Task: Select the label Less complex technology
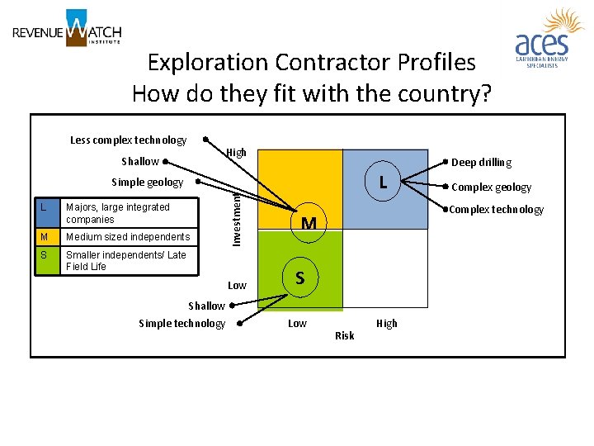(x=129, y=140)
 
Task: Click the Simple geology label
(x=147, y=182)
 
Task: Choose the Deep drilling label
(x=481, y=163)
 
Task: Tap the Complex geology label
(x=492, y=187)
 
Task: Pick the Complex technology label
(x=496, y=210)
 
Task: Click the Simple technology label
(x=181, y=323)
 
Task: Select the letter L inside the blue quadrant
(x=384, y=181)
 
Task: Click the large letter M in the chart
(x=309, y=223)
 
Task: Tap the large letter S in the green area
(x=300, y=278)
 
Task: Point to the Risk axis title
(x=345, y=335)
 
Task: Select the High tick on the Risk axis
(x=386, y=323)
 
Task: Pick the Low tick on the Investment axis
(x=237, y=286)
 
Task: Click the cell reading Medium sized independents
(x=128, y=237)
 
